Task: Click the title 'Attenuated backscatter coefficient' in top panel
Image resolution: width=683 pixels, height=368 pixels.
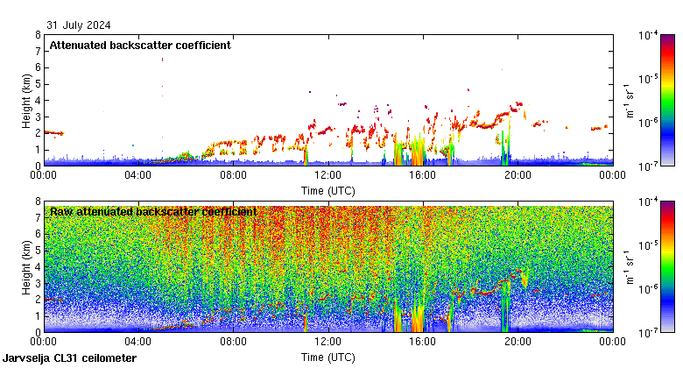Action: [x=140, y=46]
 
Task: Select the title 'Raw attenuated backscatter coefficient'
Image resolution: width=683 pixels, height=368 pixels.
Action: [x=153, y=212]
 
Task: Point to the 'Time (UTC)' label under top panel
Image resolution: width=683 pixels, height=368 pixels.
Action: [x=327, y=190]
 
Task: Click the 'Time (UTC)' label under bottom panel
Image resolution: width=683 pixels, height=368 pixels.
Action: [x=327, y=357]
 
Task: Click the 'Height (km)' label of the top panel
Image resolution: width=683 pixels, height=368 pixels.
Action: [x=27, y=100]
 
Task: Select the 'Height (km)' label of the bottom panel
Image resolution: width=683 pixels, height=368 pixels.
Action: [x=27, y=266]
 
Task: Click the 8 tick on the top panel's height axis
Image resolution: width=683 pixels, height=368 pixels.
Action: [x=38, y=35]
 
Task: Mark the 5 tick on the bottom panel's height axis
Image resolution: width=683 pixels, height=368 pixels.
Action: [x=38, y=251]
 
